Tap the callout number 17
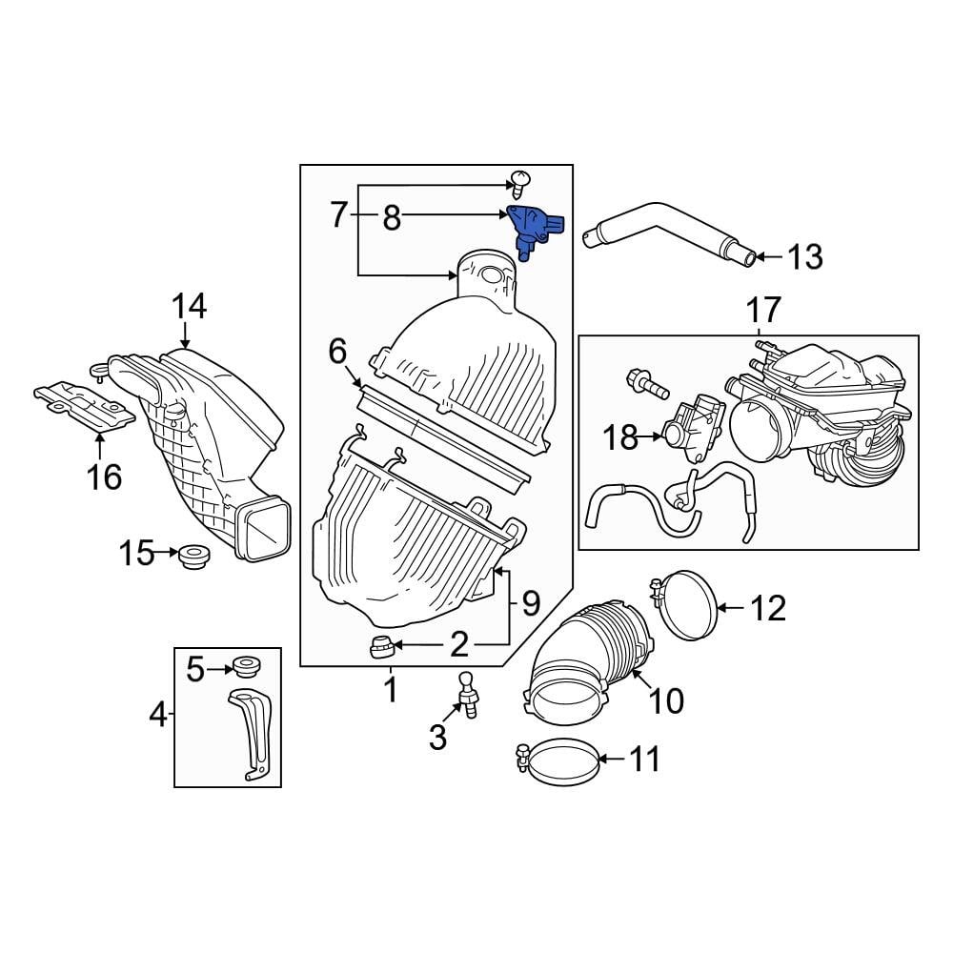[x=763, y=310]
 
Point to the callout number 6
[x=337, y=352]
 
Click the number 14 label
[x=189, y=307]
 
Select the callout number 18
[x=621, y=437]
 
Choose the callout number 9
[x=530, y=603]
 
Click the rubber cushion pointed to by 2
[x=383, y=646]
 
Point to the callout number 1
[x=391, y=688]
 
